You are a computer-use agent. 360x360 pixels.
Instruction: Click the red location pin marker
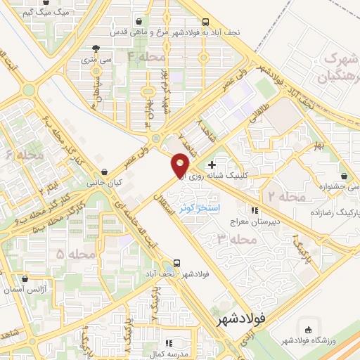[x=181, y=165]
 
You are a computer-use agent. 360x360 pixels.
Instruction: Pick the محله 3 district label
[x=233, y=240]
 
